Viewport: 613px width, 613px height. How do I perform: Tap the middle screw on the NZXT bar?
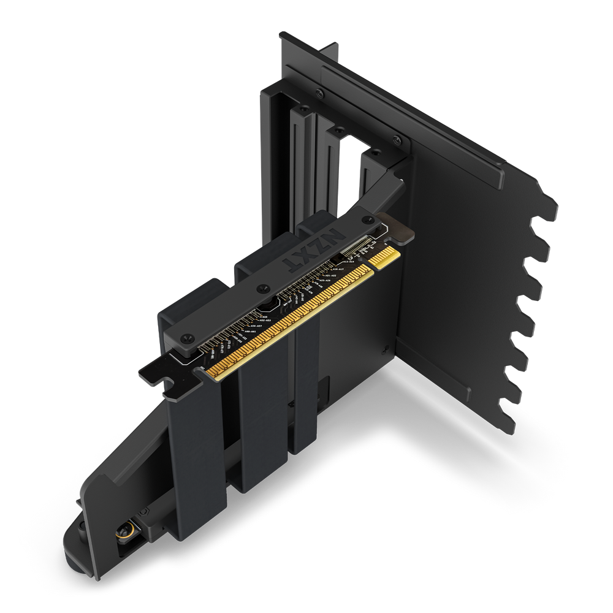pyautogui.click(x=263, y=287)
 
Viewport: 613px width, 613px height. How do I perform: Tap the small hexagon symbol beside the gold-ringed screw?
pyautogui.click(x=142, y=511)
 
